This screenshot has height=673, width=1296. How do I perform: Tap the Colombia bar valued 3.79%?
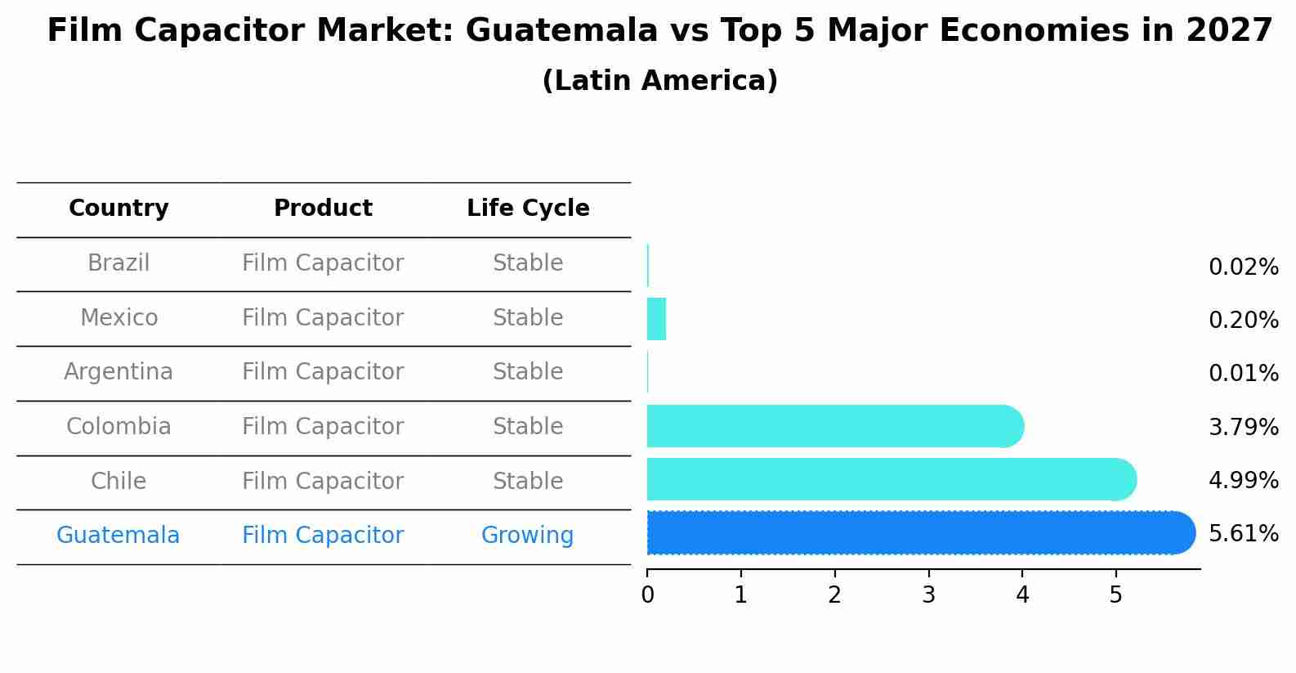pos(834,426)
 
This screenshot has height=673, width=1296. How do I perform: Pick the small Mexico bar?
pos(656,319)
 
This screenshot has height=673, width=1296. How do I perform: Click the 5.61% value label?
pos(1243,534)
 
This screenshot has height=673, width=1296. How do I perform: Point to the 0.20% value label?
pos(1243,321)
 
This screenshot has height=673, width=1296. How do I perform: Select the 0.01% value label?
pos(1243,374)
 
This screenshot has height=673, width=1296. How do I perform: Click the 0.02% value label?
pos(1243,267)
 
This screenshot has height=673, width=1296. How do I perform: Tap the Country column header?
pos(118,209)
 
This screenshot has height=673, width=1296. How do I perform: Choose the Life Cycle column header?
pos(528,209)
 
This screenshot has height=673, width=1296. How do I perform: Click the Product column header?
pos(323,209)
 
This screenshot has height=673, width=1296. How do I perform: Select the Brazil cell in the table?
pos(118,263)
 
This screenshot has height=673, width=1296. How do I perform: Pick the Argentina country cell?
pos(118,372)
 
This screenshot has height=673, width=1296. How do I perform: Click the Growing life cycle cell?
pos(527,536)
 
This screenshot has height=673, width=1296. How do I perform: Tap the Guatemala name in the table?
pos(118,536)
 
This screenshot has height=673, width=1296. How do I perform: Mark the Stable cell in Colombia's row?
pos(528,427)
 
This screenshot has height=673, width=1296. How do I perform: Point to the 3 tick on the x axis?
pos(928,595)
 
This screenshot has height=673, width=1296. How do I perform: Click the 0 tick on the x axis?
pos(647,595)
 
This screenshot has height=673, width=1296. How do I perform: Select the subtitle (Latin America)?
pos(659,81)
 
